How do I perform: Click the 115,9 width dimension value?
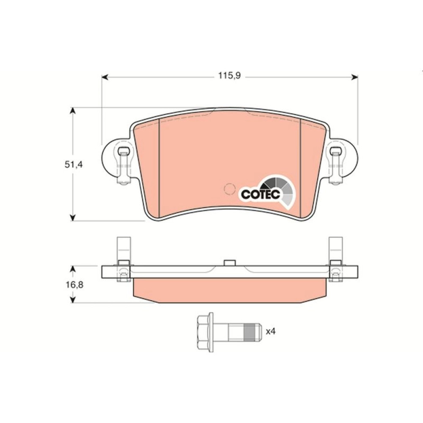click(x=229, y=76)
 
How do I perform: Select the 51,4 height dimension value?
click(x=73, y=165)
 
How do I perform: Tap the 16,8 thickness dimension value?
click(x=75, y=285)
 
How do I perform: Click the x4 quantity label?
click(x=271, y=331)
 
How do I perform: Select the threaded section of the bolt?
click(x=249, y=332)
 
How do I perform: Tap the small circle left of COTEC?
click(x=229, y=189)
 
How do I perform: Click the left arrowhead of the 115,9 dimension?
click(x=105, y=77)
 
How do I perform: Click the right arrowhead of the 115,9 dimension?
click(x=354, y=77)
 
